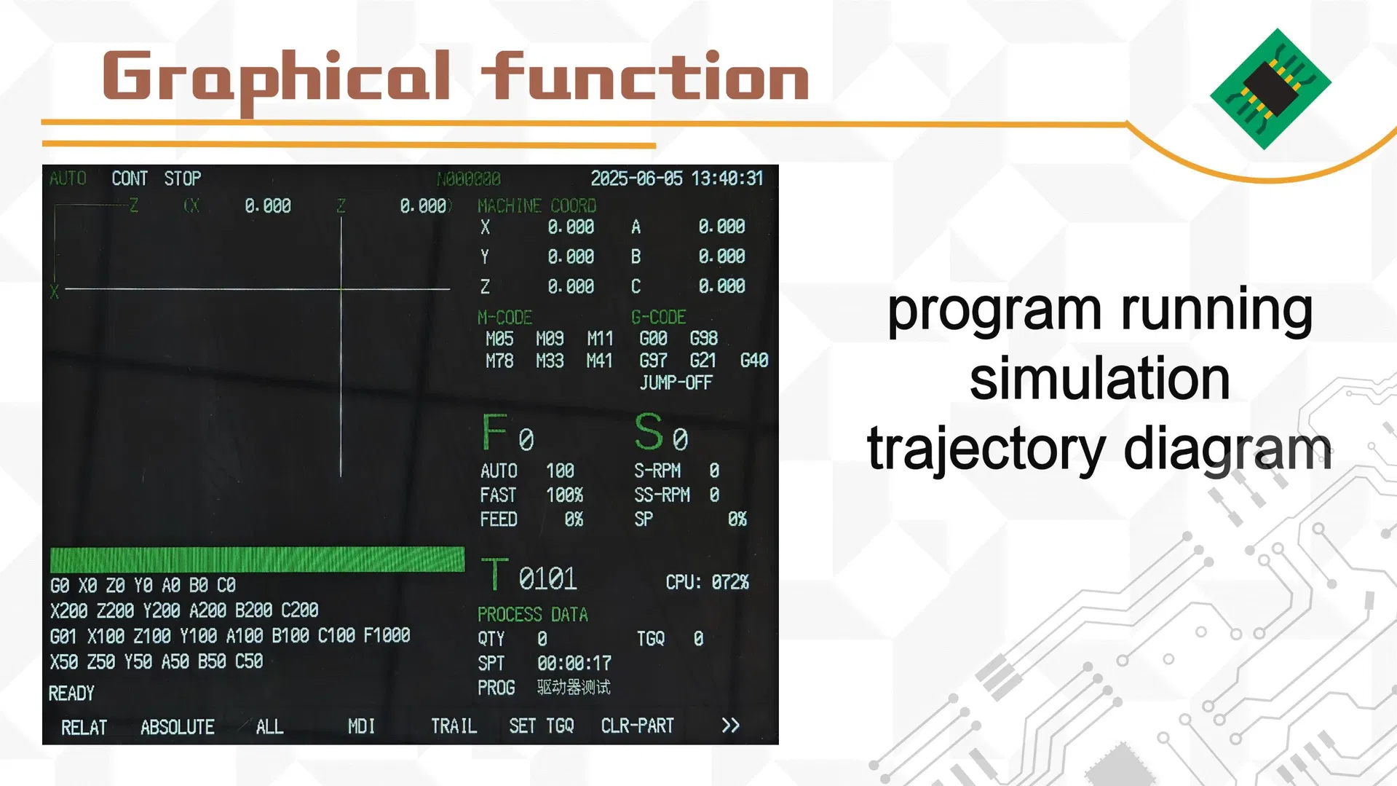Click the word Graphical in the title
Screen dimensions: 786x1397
coord(277,76)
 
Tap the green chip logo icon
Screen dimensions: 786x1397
coord(1270,89)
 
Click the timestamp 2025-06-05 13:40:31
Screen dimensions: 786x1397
coord(676,178)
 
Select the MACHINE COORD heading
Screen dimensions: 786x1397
coord(537,206)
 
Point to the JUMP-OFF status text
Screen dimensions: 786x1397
coord(676,382)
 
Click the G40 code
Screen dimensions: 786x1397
coord(753,361)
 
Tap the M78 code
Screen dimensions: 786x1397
coord(499,361)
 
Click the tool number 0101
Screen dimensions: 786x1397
coord(547,578)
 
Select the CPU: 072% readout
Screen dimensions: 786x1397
coord(707,582)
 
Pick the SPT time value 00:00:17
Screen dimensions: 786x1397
coord(574,663)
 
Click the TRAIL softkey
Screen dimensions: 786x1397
coord(454,726)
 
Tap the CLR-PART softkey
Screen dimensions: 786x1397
coord(637,726)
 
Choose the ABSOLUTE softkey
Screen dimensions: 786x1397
coord(177,727)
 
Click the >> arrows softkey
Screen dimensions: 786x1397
coord(730,726)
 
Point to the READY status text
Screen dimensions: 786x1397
coord(71,693)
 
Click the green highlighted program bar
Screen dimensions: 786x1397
coord(257,559)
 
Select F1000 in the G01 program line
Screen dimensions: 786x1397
coord(387,636)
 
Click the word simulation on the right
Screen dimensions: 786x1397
coord(1099,378)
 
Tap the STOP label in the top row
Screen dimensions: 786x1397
coord(182,178)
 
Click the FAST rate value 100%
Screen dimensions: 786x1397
coord(564,495)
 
